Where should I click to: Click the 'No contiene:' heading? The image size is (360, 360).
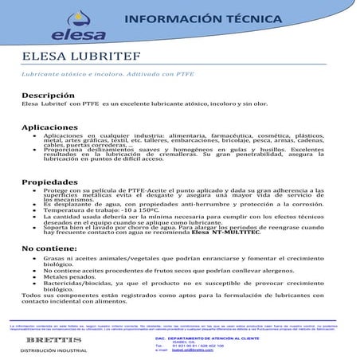point(47,249)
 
